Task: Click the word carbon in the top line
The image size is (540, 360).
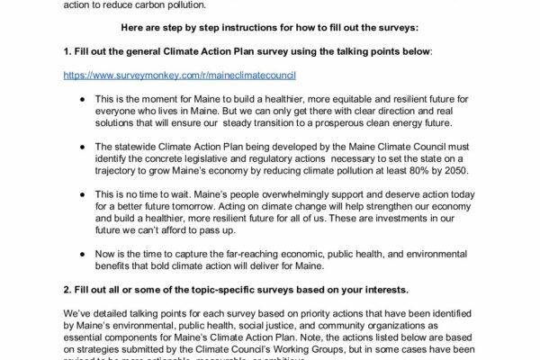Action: point(157,4)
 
